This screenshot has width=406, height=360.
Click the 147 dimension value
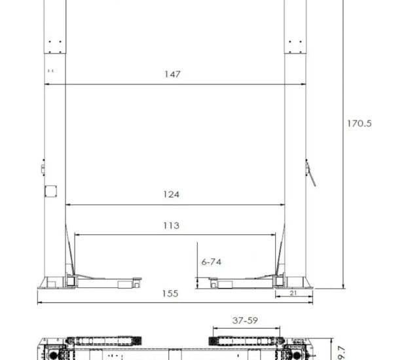[x=172, y=75]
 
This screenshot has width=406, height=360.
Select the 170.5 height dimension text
[x=360, y=123]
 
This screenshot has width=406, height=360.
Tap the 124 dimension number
[x=172, y=194]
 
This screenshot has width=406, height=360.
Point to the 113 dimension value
[x=171, y=226]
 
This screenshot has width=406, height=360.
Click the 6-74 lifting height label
[x=212, y=262]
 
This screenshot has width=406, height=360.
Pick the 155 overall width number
[x=170, y=294]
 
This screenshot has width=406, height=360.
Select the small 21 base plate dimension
[x=293, y=293]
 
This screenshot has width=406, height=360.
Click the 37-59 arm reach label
[x=245, y=321]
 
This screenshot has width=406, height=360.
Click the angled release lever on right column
[x=310, y=173]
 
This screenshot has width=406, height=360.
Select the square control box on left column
[x=50, y=191]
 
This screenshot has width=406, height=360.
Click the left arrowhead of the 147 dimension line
[x=48, y=84]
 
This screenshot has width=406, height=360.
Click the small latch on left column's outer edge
[x=43, y=168]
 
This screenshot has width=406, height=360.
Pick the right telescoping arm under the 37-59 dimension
[x=244, y=340]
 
